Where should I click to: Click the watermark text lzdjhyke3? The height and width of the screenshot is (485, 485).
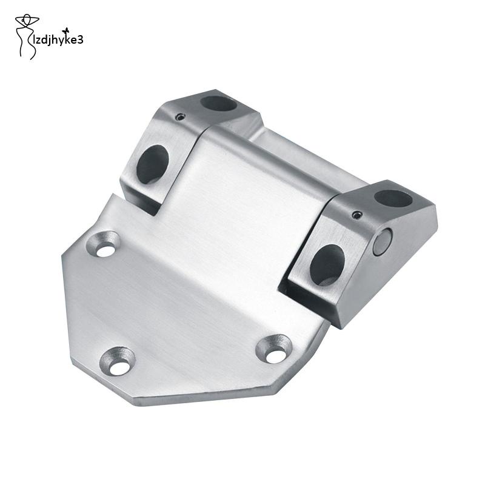click(x=58, y=40)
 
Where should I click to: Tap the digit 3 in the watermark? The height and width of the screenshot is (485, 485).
click(x=81, y=40)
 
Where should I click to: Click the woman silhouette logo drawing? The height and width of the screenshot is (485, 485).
click(x=26, y=36)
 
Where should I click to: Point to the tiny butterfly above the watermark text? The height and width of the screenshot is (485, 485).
click(x=65, y=30)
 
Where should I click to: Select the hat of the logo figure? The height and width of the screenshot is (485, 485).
click(x=27, y=19)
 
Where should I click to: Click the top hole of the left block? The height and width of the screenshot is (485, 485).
click(x=218, y=104)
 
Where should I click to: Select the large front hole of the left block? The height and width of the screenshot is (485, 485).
click(x=153, y=164)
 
